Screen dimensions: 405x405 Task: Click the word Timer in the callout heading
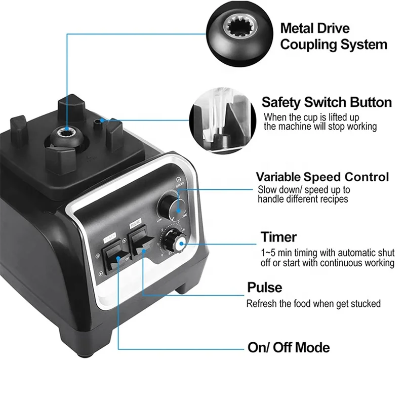(x=278, y=237)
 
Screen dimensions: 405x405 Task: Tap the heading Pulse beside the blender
(x=264, y=288)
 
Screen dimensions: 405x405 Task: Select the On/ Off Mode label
(x=289, y=348)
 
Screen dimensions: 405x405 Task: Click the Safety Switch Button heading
(x=327, y=102)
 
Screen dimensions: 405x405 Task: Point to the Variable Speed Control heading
(x=322, y=177)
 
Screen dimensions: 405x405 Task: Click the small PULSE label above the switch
(x=135, y=223)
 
